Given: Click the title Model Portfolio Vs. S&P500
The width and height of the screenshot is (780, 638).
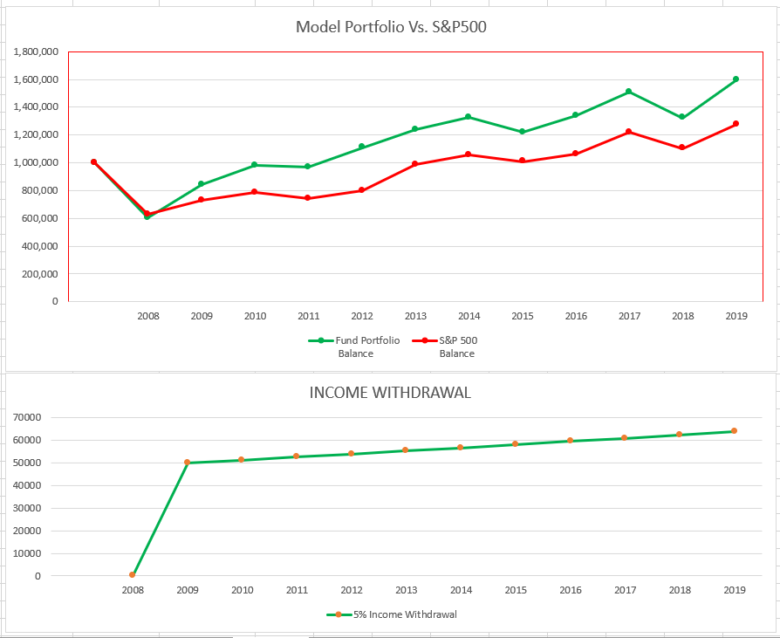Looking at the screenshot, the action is pos(391,27).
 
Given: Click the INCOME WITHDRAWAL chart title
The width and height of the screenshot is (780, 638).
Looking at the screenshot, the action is pos(390,393).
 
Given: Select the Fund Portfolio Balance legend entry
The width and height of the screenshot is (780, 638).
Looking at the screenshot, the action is pos(354,346).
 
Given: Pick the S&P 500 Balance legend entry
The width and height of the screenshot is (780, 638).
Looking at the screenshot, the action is pos(445,346).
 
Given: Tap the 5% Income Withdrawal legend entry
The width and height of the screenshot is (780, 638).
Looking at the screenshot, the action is pos(392,614).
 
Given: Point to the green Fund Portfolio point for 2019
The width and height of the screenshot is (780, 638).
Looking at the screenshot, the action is pos(736,79).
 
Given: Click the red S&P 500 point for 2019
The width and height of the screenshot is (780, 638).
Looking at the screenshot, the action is pos(736,124).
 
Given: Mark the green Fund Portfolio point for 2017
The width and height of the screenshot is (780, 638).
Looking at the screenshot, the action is pos(629,92).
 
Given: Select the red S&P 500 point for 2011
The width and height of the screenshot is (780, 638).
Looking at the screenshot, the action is pos(308,198).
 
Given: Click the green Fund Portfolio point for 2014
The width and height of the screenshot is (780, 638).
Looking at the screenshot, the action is pos(469,117).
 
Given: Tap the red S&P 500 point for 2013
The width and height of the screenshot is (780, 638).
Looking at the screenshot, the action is pos(415,164).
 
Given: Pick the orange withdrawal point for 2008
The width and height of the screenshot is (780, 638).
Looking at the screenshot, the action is pos(133,575).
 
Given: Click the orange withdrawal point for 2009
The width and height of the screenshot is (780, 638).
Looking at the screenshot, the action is pos(187,463).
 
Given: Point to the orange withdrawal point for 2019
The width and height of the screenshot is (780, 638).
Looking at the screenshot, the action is pos(734,431).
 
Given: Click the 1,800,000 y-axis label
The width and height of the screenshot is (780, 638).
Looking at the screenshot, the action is pos(36,51).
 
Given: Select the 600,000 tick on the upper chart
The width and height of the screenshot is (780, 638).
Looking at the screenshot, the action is pos(40,218).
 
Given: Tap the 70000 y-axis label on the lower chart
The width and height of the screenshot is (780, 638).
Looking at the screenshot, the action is pos(27,417).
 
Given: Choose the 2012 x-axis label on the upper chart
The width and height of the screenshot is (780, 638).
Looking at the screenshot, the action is pos(362,316).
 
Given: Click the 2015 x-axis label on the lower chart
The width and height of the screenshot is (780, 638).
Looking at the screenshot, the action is pos(516,590).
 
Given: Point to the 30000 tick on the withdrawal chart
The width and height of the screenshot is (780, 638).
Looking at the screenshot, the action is pos(27,508).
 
